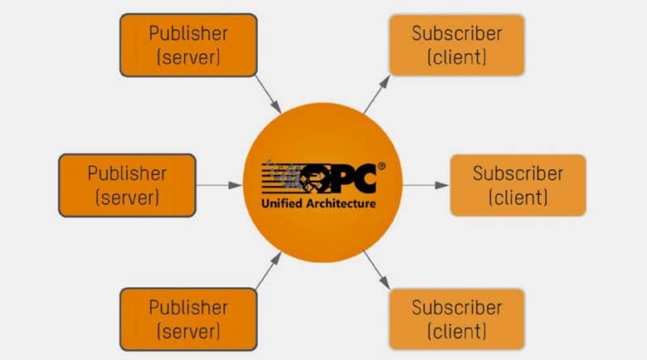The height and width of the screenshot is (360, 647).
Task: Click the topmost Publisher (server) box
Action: (188, 45)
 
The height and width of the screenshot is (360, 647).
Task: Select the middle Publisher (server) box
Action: (127, 185)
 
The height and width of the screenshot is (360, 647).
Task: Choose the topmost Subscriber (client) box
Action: (457, 45)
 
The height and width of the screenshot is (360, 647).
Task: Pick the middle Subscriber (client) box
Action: (518, 185)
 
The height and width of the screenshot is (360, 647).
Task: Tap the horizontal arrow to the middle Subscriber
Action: (425, 185)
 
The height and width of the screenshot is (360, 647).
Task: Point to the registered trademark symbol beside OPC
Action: (381, 166)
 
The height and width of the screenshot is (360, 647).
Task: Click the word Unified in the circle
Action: (281, 203)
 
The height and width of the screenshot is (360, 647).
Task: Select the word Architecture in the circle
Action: (340, 203)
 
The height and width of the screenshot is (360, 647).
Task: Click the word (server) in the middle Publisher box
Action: (127, 197)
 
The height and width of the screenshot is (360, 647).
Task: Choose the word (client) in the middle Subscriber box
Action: (518, 197)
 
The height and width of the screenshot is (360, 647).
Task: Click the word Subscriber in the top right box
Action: (457, 34)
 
